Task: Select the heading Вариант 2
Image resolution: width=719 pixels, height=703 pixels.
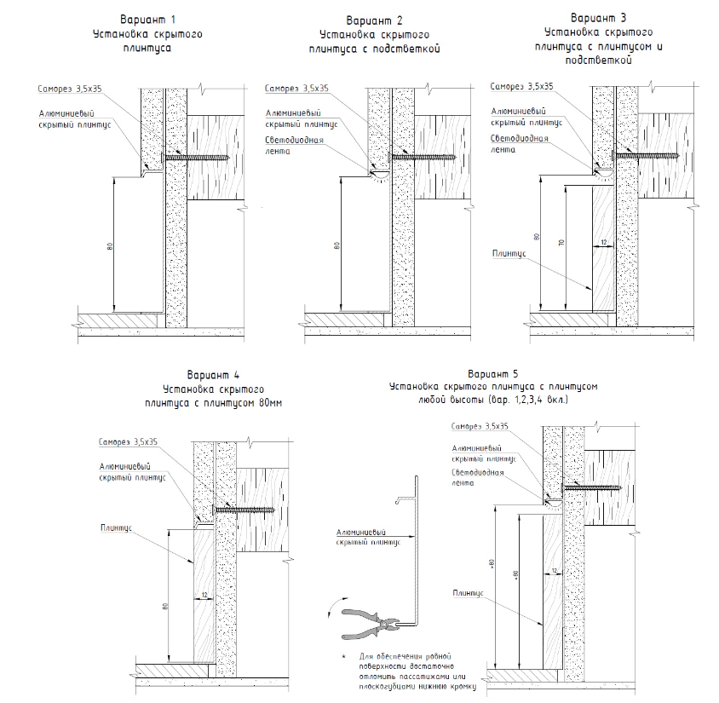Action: coord(374,20)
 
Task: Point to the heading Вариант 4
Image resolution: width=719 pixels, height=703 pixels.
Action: coord(213,374)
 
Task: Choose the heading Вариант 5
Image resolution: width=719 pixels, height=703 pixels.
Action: coord(493,373)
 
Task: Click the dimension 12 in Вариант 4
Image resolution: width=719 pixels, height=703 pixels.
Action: coord(204,595)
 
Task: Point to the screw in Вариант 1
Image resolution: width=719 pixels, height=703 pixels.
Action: coord(198,158)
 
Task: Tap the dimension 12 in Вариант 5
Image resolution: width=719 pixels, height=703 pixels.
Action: coord(554,569)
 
